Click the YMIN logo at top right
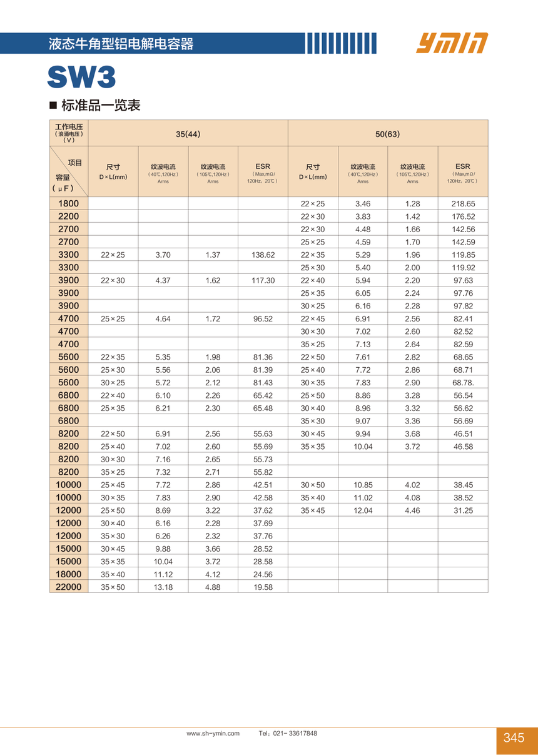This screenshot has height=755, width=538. [452, 43]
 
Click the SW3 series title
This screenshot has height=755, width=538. [81, 78]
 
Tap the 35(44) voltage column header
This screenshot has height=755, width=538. [188, 134]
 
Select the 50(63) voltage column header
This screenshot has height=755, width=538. [387, 134]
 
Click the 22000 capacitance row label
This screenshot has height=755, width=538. [69, 587]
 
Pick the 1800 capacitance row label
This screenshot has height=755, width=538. [69, 203]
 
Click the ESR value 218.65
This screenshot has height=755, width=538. [463, 204]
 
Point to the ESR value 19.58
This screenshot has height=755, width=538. [263, 587]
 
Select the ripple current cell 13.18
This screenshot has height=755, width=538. [163, 587]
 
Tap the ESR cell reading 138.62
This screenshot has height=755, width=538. [263, 255]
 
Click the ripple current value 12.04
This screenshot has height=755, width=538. [363, 510]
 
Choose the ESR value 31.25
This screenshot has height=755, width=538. [463, 510]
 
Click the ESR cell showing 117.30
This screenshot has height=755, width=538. [263, 281]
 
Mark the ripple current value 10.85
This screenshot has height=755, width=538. [363, 485]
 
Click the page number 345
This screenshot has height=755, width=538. [514, 738]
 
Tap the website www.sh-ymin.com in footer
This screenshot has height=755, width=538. [213, 733]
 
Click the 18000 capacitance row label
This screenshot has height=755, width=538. [69, 574]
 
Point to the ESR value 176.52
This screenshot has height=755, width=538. [463, 216]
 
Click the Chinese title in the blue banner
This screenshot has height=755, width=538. [121, 44]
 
